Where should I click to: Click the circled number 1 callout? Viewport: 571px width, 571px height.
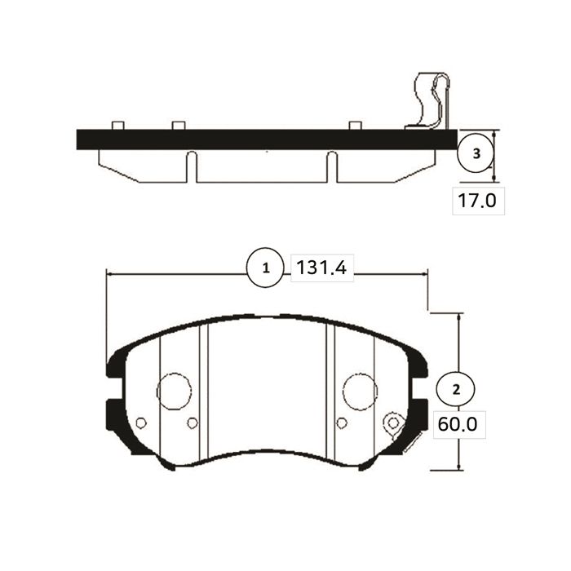[x=265, y=268]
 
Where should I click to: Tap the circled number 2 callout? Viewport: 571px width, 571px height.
[x=455, y=390]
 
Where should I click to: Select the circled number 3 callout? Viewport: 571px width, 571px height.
[x=476, y=153]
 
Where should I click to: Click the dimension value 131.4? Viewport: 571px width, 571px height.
[x=322, y=268]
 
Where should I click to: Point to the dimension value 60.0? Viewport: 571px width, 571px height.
[x=458, y=424]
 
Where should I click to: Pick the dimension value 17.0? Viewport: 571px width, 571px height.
[x=477, y=201]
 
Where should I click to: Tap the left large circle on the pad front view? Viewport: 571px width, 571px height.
[x=174, y=391]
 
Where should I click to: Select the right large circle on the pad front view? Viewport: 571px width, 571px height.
[x=360, y=391]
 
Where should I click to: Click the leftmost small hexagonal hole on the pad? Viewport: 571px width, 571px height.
[x=141, y=423]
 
